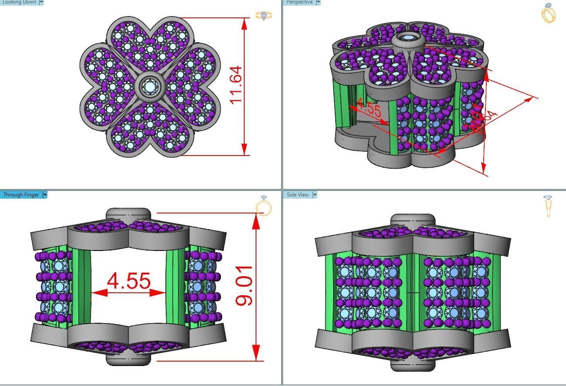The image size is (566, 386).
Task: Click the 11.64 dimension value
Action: [x=236, y=85]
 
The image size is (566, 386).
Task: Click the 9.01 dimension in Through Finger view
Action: [x=244, y=285]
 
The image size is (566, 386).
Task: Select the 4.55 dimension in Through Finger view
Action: [x=129, y=281]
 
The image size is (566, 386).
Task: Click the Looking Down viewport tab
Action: [x=19, y=2]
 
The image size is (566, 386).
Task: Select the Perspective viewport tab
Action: [x=300, y=2]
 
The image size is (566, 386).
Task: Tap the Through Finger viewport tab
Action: [x=21, y=195]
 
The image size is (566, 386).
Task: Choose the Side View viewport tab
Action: [x=298, y=195]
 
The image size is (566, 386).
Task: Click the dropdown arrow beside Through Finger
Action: [x=45, y=195]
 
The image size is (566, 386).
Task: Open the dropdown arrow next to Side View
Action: [x=314, y=195]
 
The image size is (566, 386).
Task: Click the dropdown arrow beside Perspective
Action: [x=318, y=2]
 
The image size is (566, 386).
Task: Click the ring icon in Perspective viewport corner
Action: [x=548, y=13]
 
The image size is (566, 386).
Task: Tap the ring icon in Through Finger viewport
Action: [x=264, y=206]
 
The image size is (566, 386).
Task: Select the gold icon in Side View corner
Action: [x=548, y=206]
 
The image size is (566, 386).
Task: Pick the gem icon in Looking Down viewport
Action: [x=264, y=16]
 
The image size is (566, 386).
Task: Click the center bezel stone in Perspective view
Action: [x=408, y=38]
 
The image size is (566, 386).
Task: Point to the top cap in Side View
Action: [x=412, y=220]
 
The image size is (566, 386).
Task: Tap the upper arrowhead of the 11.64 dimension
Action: [x=244, y=24]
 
